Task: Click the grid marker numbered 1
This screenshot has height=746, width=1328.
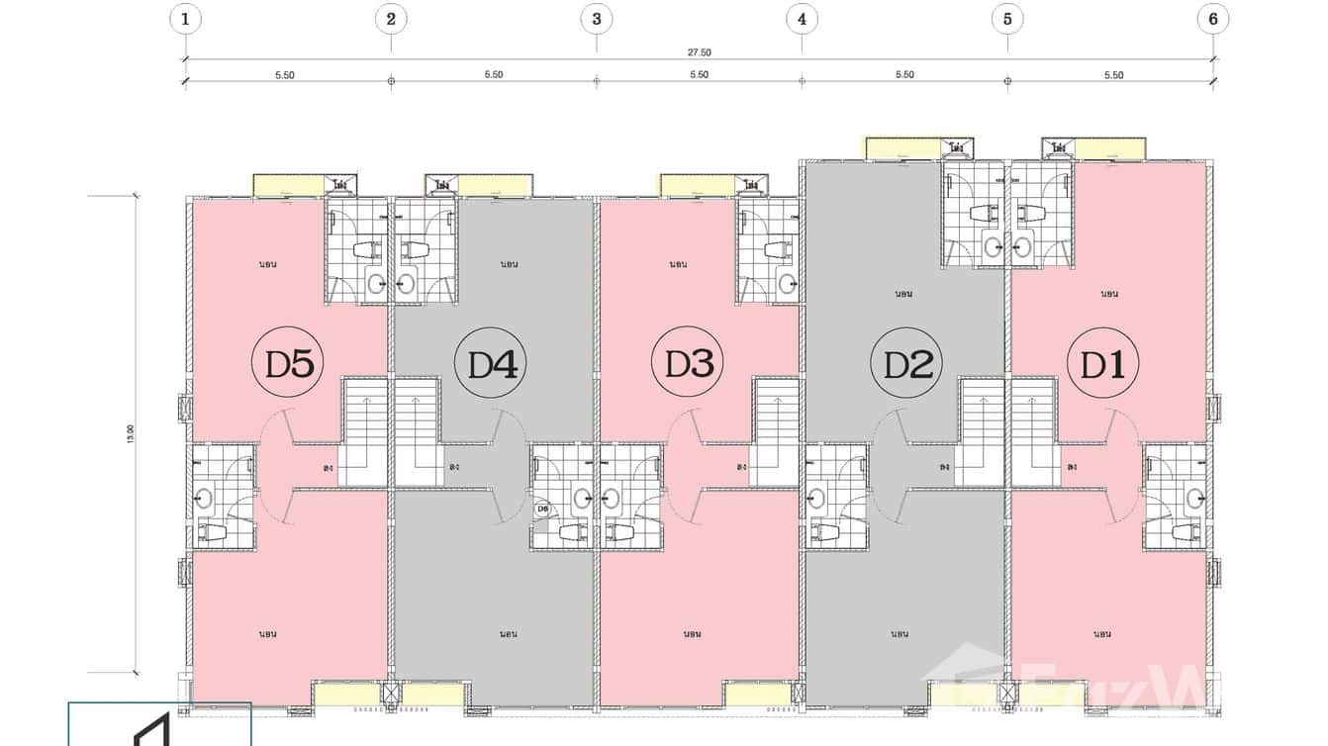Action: [x=185, y=18]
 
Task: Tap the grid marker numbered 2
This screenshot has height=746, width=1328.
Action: [x=391, y=18]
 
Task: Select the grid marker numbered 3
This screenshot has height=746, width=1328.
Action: [x=596, y=18]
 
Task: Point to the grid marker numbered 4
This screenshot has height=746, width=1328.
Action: [x=802, y=18]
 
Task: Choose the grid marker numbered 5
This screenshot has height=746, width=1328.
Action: [x=1007, y=18]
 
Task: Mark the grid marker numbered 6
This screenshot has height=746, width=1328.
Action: [x=1212, y=18]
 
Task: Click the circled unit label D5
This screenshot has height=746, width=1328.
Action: [x=289, y=365]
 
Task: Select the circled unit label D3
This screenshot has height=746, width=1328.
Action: [x=689, y=365]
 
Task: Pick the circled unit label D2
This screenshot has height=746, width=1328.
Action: [x=907, y=365]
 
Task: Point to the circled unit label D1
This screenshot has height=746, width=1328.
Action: [x=1102, y=365]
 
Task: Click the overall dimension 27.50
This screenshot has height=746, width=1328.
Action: [x=700, y=52]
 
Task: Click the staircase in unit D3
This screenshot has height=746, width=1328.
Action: [x=776, y=432]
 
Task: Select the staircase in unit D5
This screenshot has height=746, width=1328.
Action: [x=363, y=432]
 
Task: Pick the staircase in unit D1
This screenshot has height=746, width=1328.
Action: [x=1033, y=432]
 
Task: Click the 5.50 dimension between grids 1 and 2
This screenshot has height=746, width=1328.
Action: [x=288, y=75]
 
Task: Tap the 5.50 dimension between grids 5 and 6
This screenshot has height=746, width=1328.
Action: [x=1113, y=75]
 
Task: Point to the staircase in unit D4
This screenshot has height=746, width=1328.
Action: [x=416, y=432]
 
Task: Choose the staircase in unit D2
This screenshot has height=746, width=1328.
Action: [x=982, y=432]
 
